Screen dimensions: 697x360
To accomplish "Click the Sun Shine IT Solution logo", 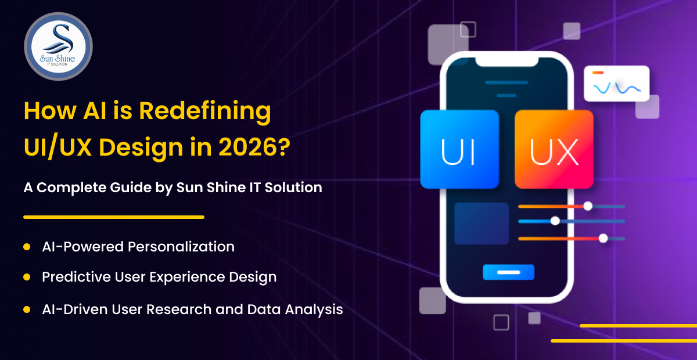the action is [58, 46].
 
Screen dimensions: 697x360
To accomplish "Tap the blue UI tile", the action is [459, 149].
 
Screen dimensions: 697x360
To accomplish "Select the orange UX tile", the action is [554, 149].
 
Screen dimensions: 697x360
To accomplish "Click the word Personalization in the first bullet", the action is [181, 247].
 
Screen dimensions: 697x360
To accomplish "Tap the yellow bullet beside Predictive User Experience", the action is [27, 277].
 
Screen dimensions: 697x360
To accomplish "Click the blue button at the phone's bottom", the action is [508, 272].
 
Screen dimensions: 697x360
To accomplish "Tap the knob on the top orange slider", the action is [588, 206].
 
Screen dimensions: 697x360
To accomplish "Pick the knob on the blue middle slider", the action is [555, 221].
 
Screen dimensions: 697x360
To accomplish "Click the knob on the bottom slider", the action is [603, 238].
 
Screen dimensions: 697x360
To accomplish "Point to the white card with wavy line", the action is [616, 84].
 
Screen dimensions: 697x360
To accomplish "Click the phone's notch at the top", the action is [507, 62].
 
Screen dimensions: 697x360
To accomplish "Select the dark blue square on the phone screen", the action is [482, 224].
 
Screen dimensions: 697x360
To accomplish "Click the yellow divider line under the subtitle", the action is [114, 217].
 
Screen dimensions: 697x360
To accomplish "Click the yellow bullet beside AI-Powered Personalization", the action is [27, 247].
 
